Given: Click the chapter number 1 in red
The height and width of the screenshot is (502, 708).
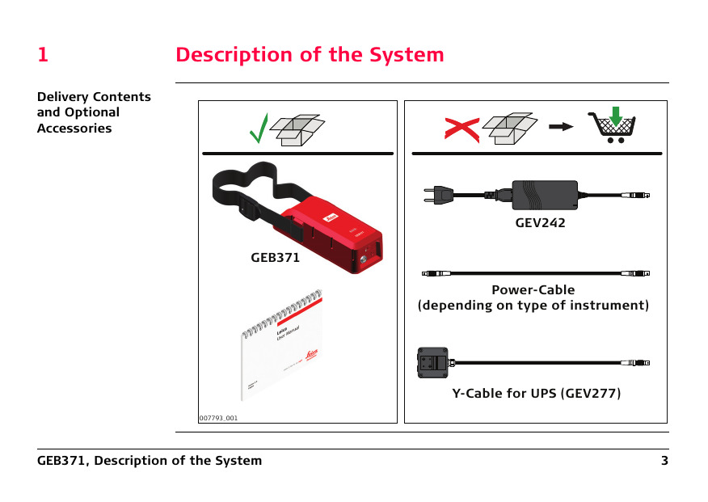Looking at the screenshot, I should pos(43,55).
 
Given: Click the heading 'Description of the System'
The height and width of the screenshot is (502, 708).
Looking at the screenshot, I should pos(310,55).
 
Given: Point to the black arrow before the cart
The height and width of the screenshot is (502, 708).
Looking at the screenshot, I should pos(561,127).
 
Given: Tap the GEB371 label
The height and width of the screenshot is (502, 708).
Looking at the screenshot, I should pos(275,259).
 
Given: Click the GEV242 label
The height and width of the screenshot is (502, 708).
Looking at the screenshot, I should pos(540,223).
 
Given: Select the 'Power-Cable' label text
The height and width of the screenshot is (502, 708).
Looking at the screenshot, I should pos(533,289).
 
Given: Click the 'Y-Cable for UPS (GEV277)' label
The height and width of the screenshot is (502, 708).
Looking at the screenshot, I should pos(536,394).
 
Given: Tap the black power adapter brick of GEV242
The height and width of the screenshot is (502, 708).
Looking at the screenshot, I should pos(545,195).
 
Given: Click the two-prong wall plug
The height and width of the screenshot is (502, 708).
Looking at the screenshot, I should pos(437,194).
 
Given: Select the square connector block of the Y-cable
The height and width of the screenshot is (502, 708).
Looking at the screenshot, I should pos(432,363).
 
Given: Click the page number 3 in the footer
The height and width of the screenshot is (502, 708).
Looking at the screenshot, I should pos(664,461).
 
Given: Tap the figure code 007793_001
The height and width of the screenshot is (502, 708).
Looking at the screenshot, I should pos(218,418).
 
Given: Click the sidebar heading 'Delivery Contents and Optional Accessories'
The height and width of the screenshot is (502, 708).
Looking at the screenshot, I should pos(94,112).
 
